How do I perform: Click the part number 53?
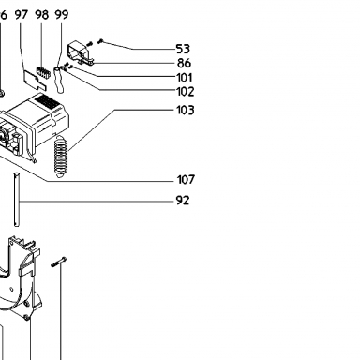click(183, 49)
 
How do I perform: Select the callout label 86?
click(184, 63)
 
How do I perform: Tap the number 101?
click(185, 78)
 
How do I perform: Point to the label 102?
click(186, 92)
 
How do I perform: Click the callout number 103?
click(186, 110)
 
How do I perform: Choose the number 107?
click(186, 180)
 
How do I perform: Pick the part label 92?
click(183, 201)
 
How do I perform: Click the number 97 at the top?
click(22, 14)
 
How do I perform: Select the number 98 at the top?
click(42, 14)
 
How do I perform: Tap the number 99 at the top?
click(62, 14)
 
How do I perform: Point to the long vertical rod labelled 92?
click(17, 200)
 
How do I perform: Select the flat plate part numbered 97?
click(35, 80)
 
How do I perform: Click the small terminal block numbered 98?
click(43, 72)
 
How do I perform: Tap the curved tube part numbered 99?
click(59, 80)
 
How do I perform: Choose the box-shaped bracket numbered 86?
click(81, 52)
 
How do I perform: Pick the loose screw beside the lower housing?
click(58, 262)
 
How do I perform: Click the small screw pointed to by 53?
click(100, 41)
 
